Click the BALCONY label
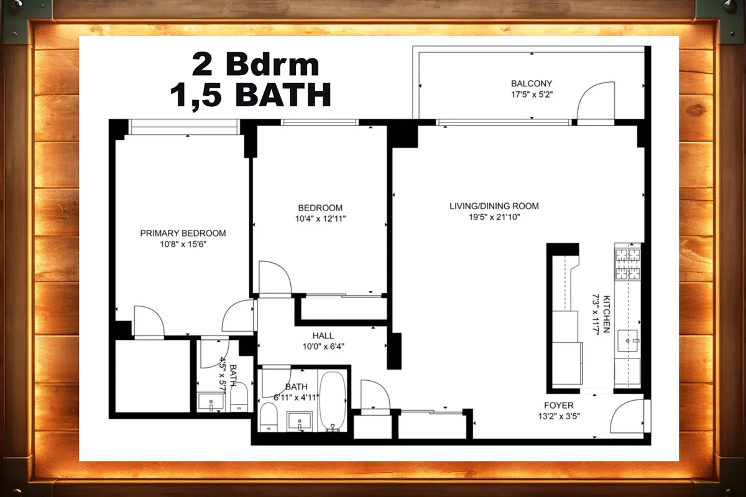(x=532, y=83)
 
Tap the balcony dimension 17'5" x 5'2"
(x=532, y=95)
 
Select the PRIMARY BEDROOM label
(x=183, y=233)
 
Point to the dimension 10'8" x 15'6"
(x=183, y=245)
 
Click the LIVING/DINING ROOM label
(x=494, y=206)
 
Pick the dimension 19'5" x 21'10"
(x=494, y=217)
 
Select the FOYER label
(x=559, y=405)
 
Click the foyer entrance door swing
(x=627, y=417)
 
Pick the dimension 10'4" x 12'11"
(x=320, y=219)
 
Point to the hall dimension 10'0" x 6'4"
(x=323, y=347)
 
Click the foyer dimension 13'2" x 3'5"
(x=559, y=416)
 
